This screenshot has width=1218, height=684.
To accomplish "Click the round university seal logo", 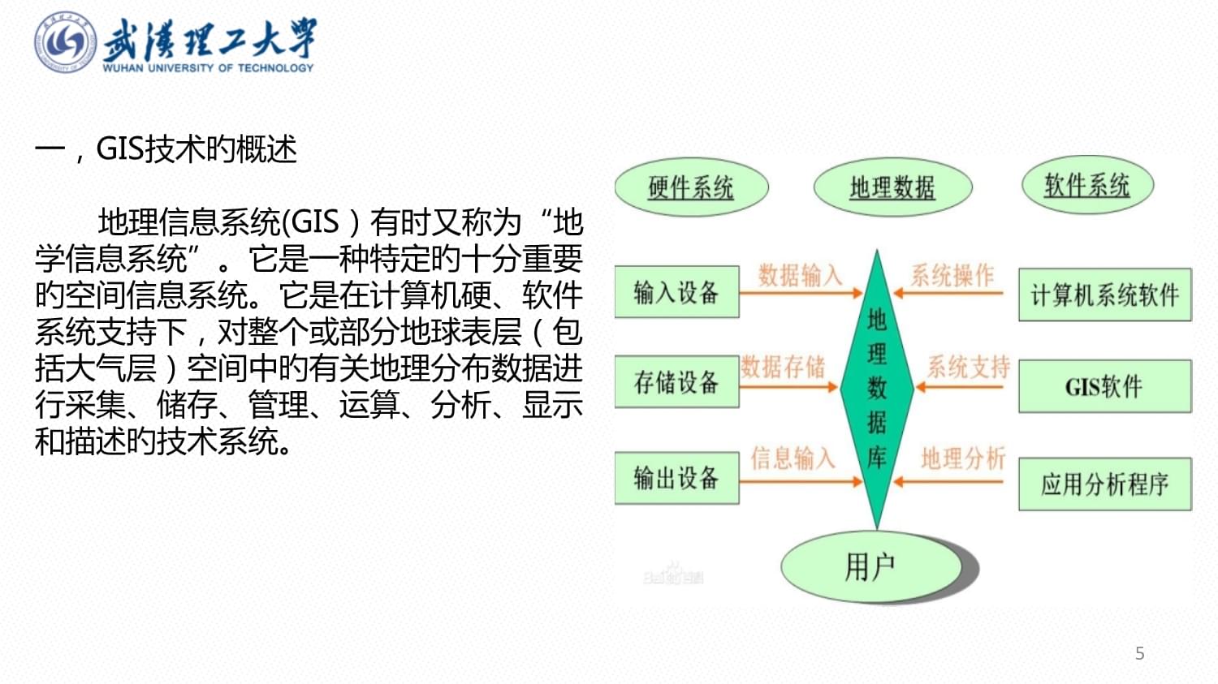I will (65, 43).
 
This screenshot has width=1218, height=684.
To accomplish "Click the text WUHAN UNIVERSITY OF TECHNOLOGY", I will (208, 68).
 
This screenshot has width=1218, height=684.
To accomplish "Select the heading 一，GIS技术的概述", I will (166, 149).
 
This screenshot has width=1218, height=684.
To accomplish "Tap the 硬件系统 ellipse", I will (691, 187).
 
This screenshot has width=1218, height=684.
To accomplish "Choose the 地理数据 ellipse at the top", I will (892, 187).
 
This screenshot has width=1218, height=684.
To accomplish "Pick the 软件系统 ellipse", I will (1086, 185).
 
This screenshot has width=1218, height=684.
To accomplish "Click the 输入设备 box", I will (676, 292).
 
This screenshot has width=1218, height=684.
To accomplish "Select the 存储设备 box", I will (676, 381).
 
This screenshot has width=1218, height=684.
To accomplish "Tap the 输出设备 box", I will (676, 479).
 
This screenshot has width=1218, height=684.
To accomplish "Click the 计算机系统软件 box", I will (1104, 295).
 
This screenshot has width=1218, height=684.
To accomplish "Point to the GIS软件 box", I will (1104, 386).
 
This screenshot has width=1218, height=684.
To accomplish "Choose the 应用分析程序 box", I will (1104, 484).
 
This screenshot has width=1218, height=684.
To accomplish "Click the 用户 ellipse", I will (871, 566).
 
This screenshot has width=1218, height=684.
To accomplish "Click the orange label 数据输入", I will (799, 275).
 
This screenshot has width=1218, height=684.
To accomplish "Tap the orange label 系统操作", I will (952, 275).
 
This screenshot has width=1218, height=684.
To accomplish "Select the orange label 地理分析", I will (963, 458).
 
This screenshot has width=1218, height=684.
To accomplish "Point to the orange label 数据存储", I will (783, 367).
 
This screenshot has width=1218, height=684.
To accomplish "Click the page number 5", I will (1139, 653).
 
